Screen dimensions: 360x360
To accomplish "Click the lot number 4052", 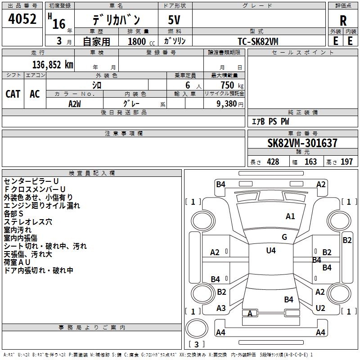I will tap(23, 20).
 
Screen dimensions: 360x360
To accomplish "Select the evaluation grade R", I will tap(343, 21).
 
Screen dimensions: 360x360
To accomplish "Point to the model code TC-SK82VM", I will tap(258, 41).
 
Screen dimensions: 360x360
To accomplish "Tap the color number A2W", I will tap(75, 103).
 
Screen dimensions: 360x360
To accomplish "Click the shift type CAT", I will tap(13, 94).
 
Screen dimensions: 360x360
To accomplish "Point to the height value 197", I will tap(347, 162).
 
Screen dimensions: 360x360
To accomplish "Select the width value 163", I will tap(310, 162).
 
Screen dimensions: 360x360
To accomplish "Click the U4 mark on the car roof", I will tap(271, 251).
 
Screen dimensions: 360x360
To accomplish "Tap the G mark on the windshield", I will tap(284, 237).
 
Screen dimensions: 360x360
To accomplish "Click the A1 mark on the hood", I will tap(290, 216).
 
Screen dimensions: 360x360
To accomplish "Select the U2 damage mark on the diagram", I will tap(320, 308).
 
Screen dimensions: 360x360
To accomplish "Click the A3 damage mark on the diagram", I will tap(221, 308).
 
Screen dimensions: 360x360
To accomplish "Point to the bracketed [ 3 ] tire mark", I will tap(197, 345).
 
